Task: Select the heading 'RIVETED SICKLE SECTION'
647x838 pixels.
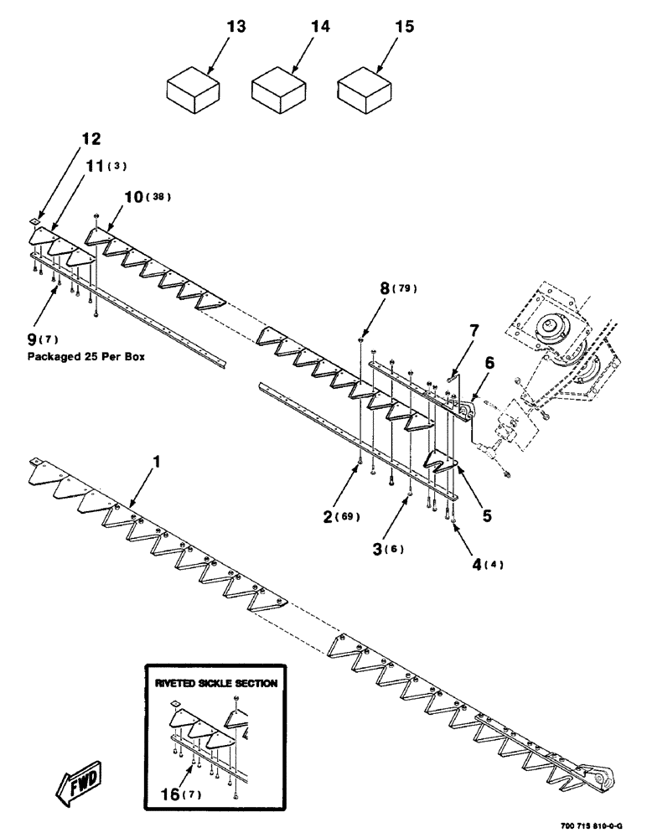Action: tap(215, 683)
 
